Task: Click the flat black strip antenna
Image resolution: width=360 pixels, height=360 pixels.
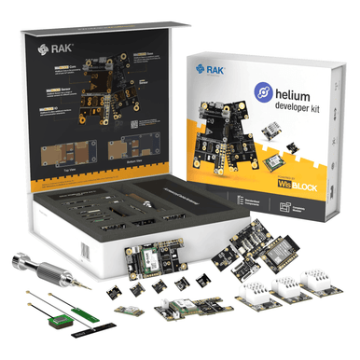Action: [x=94, y=327]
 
